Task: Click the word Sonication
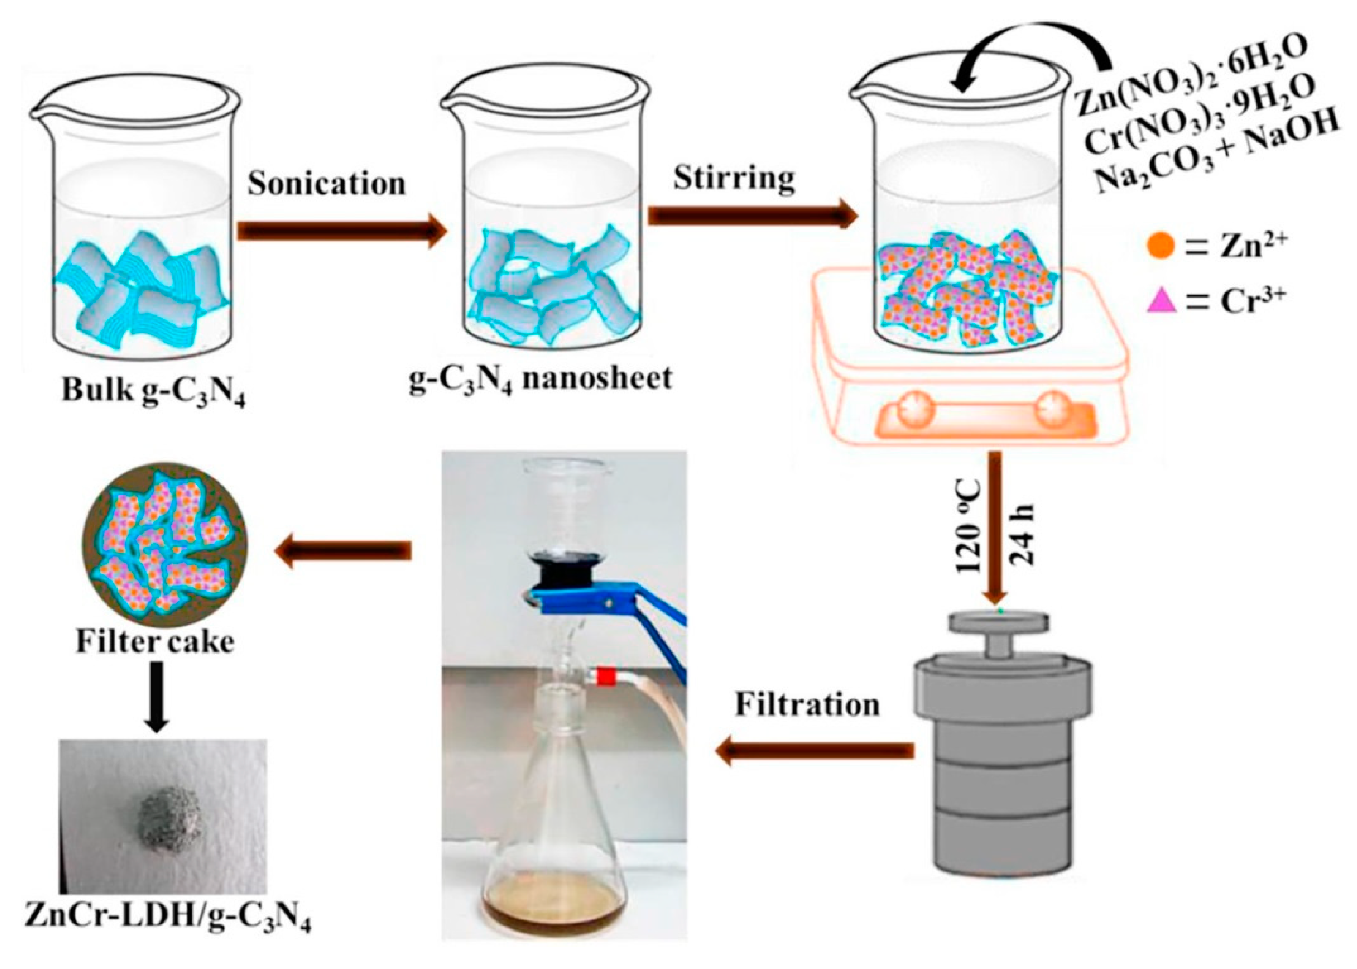[x=327, y=183]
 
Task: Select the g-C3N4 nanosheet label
[x=540, y=378]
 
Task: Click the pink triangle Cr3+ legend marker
[x=1161, y=301]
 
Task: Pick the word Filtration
[x=807, y=705]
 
